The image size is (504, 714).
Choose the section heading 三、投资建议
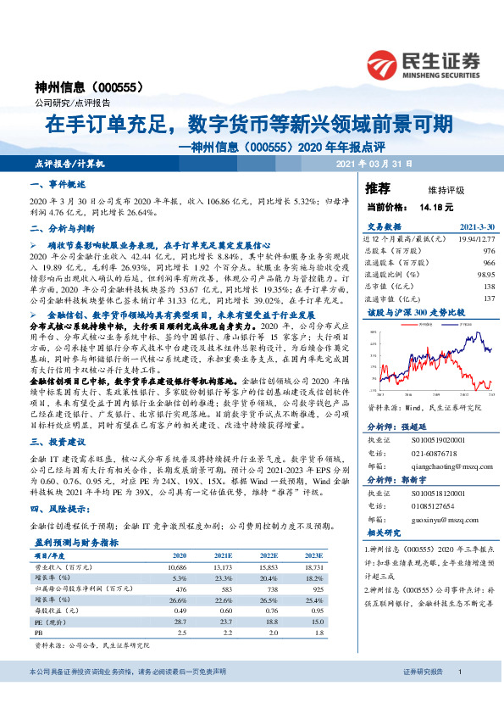[x=58, y=442]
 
